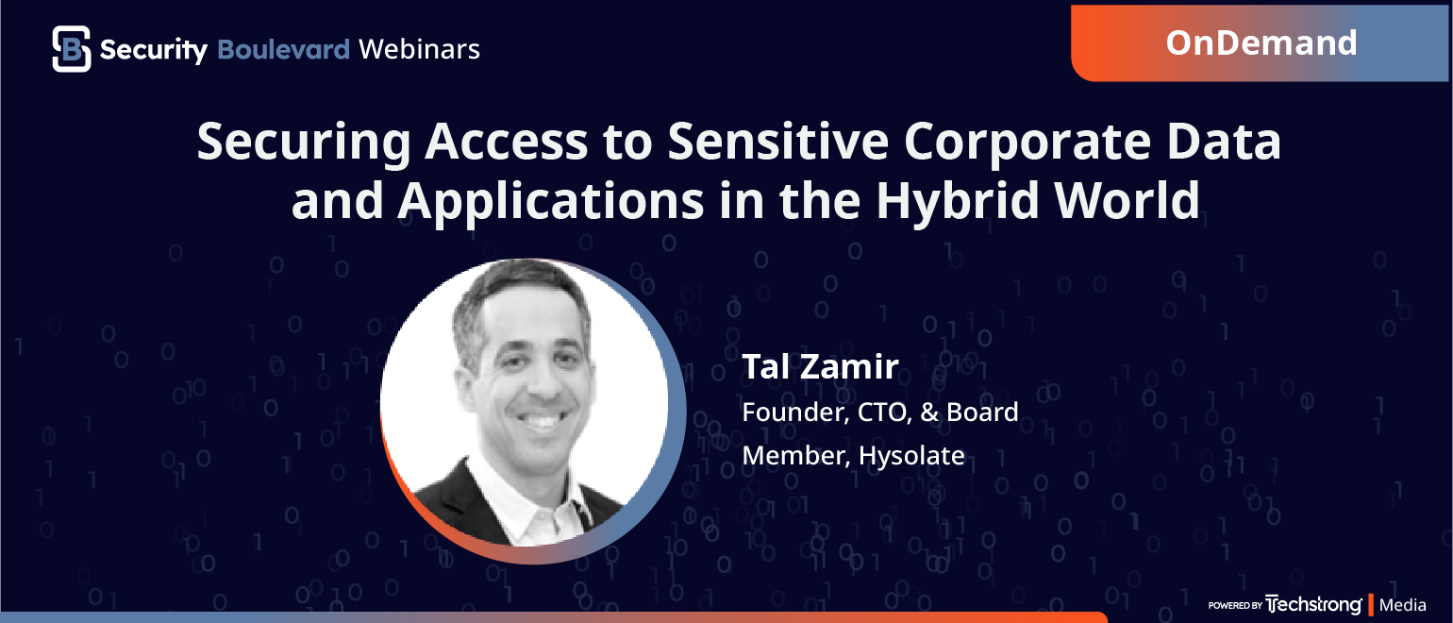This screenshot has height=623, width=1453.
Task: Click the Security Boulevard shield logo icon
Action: coord(72,49)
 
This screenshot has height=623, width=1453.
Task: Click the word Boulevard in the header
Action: coord(283,49)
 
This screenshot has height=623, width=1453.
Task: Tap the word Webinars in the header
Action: coord(419,49)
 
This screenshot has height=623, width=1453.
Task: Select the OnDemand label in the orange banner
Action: coord(1261,42)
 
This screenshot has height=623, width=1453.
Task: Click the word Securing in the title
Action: coord(304,143)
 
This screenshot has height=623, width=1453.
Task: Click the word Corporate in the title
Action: coord(1027,143)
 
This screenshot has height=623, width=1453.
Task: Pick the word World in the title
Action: coord(1127,200)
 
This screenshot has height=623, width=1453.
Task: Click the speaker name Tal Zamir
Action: coord(820,366)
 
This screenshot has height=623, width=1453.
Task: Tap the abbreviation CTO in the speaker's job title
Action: coord(885,413)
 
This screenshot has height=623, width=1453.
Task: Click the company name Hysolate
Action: coord(911,456)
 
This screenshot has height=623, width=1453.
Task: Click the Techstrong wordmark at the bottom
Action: coord(1313,605)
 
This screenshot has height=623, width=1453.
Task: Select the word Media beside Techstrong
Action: coord(1402,605)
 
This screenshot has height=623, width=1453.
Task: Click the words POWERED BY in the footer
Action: coord(1235,605)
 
